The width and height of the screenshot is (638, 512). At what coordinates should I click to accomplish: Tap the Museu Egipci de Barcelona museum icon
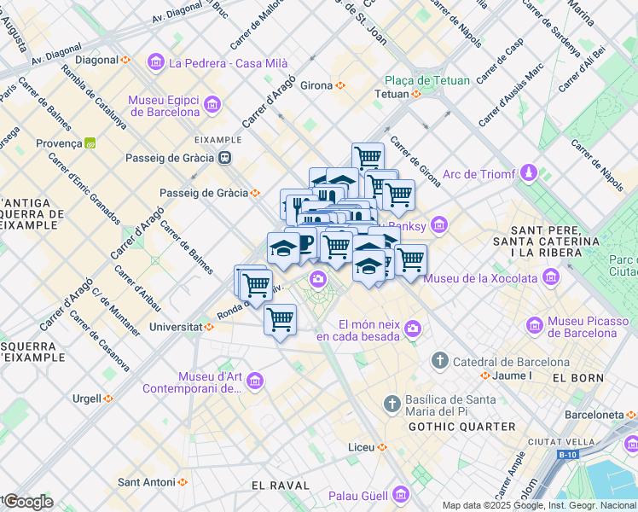[212, 106]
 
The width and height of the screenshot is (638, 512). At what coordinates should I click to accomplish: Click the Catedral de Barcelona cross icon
[439, 361]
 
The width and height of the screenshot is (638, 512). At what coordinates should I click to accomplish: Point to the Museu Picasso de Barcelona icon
[535, 325]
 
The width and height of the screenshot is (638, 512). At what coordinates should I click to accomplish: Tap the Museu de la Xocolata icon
[551, 277]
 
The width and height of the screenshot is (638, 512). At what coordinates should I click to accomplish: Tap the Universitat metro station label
[174, 326]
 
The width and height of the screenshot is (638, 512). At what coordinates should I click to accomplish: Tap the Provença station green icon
[90, 143]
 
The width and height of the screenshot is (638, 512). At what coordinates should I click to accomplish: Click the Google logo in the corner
[27, 502]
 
